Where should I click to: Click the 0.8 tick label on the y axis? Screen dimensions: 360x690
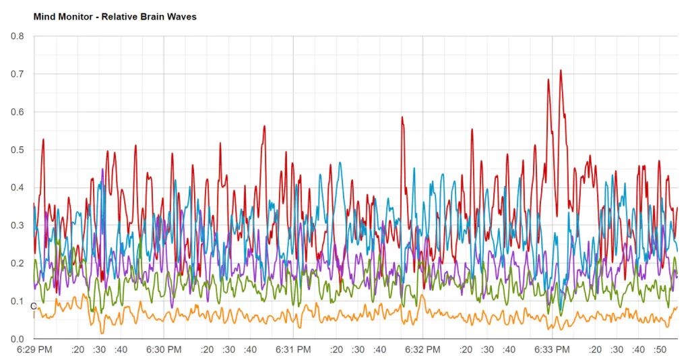[x=17, y=36]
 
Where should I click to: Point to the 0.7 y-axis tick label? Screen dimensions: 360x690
[x=17, y=73]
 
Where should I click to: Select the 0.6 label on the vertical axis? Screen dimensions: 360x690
[x=17, y=111]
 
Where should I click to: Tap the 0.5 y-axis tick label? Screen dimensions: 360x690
[x=17, y=150]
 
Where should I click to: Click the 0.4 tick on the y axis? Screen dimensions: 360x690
[x=17, y=187]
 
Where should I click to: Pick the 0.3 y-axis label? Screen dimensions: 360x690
[x=17, y=225]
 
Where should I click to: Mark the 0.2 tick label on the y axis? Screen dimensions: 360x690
[x=17, y=263]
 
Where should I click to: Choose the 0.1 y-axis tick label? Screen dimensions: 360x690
[x=17, y=301]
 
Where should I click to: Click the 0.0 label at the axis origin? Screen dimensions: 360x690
[x=17, y=338]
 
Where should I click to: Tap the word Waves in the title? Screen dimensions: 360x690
[x=182, y=16]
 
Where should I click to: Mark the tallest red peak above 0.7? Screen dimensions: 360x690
[x=560, y=71]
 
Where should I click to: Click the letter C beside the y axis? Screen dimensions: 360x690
[x=34, y=307]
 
